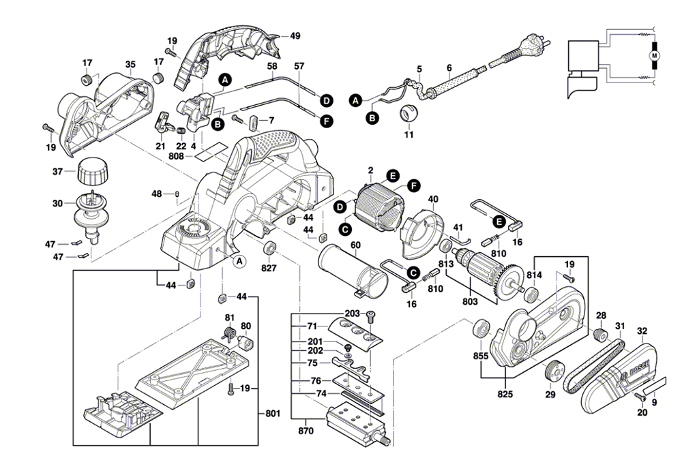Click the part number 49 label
tap(295, 35)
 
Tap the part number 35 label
tap(130, 65)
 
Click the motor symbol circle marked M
tap(654, 54)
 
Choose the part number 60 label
tap(355, 245)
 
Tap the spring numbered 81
tap(231, 333)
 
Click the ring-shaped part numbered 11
tap(407, 114)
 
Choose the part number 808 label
tap(177, 157)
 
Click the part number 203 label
tap(352, 313)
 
